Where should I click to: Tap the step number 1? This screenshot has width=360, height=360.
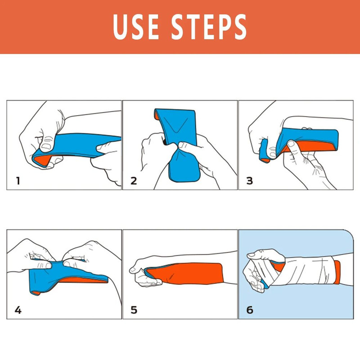point(18,181)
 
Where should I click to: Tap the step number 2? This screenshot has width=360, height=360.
point(133,181)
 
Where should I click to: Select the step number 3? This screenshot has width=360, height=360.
point(249,181)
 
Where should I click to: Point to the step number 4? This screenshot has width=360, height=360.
point(18,310)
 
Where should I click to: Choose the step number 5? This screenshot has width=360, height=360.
point(134,310)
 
